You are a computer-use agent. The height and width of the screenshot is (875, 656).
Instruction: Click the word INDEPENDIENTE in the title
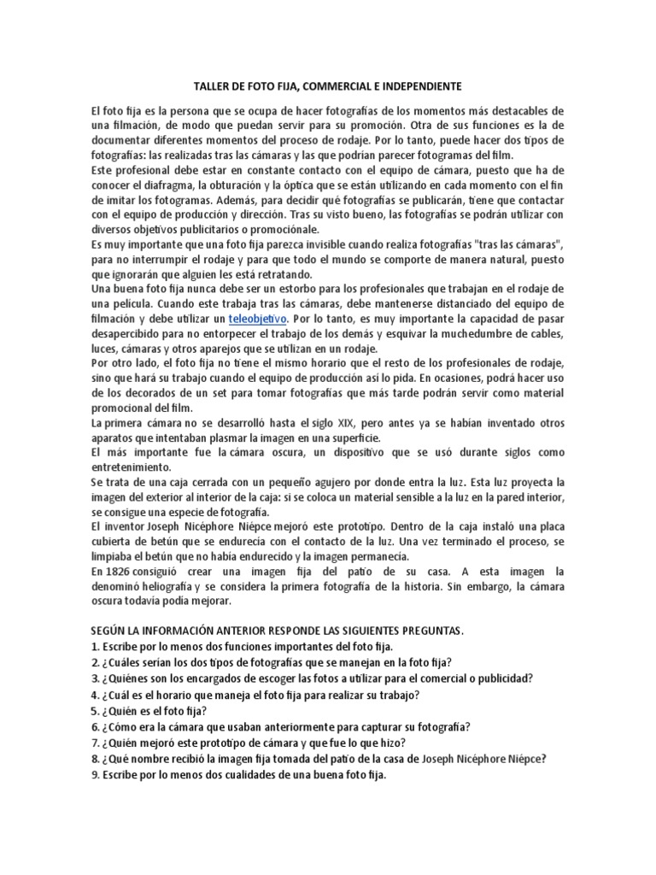pyautogui.click(x=416, y=87)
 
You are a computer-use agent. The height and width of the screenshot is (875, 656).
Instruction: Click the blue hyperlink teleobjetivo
pyautogui.click(x=257, y=319)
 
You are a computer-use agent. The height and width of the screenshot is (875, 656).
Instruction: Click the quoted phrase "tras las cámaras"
pyautogui.click(x=510, y=245)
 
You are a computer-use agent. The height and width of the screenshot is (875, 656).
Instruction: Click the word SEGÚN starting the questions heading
pyautogui.click(x=110, y=631)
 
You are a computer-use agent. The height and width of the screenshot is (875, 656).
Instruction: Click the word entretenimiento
pyautogui.click(x=135, y=468)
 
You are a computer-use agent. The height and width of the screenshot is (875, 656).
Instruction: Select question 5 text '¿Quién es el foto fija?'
pyautogui.click(x=154, y=711)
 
